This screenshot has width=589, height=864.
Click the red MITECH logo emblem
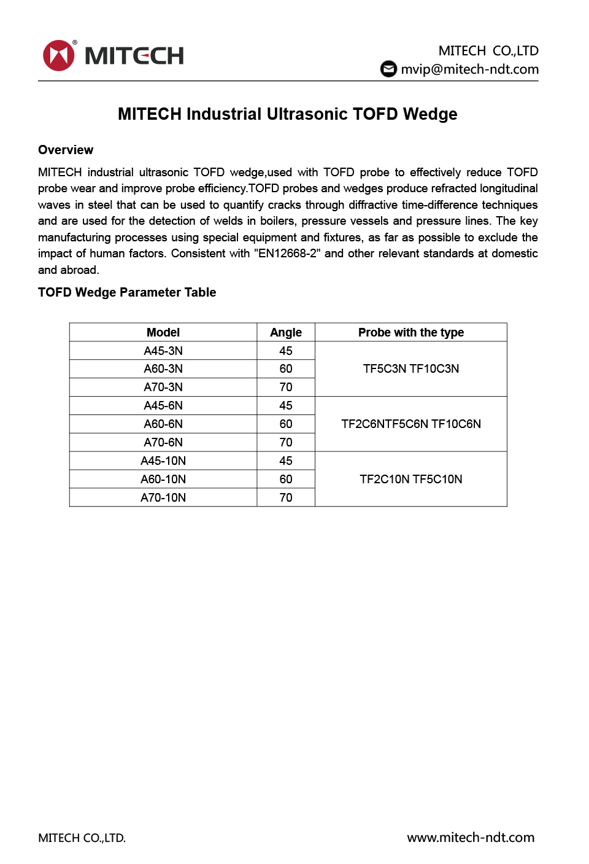[58, 55]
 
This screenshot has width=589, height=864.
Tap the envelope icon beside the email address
[388, 69]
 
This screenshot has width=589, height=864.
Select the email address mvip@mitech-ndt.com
[469, 69]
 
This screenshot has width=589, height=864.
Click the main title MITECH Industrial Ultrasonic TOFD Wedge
[287, 114]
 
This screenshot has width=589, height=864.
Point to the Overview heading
[66, 150]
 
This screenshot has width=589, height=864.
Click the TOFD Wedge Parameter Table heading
[127, 292]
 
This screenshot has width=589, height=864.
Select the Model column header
[163, 332]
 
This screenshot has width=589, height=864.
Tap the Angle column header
[286, 332]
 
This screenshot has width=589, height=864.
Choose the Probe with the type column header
[411, 332]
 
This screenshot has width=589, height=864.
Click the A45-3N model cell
[163, 351]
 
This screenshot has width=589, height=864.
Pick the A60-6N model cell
[163, 424]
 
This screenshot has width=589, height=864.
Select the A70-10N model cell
[163, 497]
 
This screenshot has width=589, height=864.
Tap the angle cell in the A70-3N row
[286, 387]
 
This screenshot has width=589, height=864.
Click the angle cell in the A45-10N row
[286, 461]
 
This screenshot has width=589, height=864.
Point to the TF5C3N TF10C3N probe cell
[411, 368]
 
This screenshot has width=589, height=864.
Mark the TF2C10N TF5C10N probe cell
[411, 479]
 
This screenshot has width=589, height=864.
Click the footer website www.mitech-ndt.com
[471, 838]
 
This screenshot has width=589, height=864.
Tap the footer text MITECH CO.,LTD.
[82, 838]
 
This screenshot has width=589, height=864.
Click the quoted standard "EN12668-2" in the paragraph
[287, 254]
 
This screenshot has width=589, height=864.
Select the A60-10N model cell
[163, 479]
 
